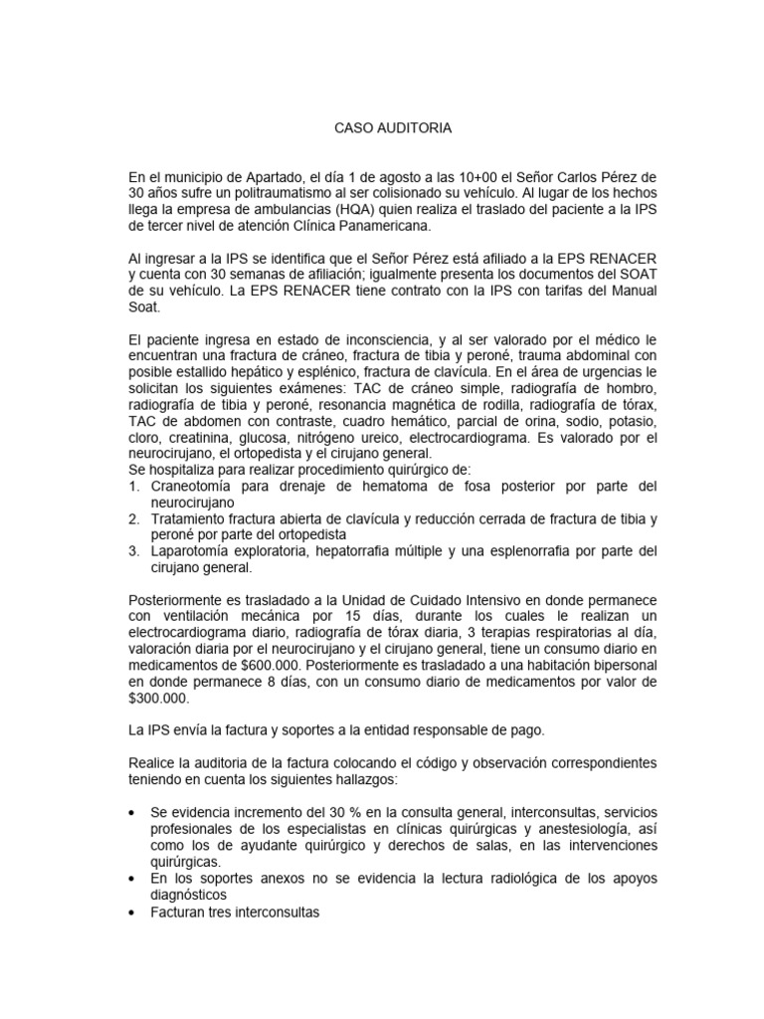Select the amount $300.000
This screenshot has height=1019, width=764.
coord(159,698)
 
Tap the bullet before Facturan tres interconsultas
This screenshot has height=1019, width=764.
coord(134,911)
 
